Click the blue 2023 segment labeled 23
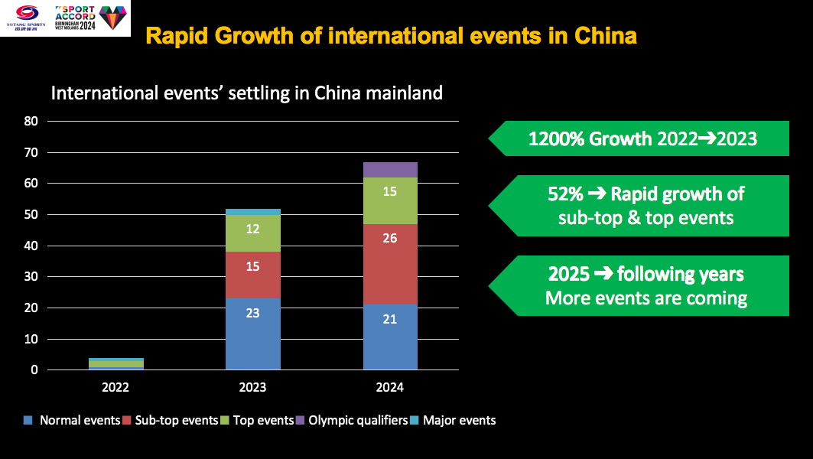click(252, 334)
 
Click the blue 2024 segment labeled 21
click(390, 337)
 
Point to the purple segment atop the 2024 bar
click(390, 170)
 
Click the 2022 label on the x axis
click(115, 388)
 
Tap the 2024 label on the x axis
click(390, 388)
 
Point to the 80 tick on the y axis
click(31, 121)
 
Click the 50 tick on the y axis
click(31, 215)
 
